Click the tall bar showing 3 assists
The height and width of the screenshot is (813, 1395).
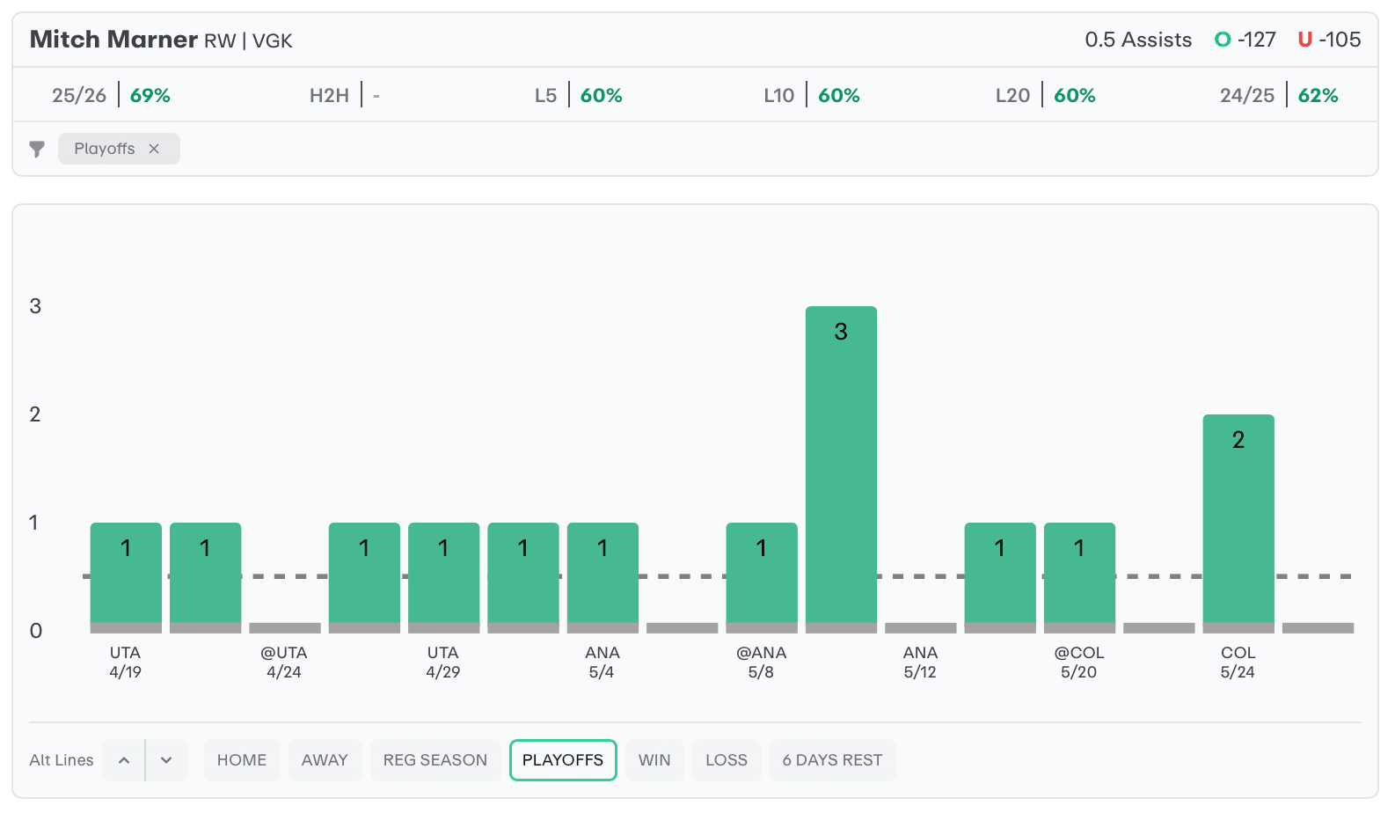[x=841, y=465]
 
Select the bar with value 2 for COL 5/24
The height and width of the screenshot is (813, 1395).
[x=1238, y=519]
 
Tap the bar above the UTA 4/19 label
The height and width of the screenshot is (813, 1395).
[x=126, y=573]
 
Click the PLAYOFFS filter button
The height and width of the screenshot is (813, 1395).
[x=563, y=760]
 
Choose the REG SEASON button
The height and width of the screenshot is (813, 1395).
[x=435, y=760]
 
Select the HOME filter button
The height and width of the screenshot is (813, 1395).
[x=242, y=760]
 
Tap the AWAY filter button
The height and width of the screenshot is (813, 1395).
[x=325, y=760]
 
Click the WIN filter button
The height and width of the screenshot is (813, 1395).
[x=654, y=760]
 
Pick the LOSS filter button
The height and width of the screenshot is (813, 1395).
[x=727, y=760]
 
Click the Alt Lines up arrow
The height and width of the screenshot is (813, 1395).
[x=124, y=760]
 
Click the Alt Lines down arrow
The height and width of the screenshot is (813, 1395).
[x=166, y=760]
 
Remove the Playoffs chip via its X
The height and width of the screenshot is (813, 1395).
[x=154, y=149]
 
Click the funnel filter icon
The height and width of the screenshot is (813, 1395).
[x=37, y=149]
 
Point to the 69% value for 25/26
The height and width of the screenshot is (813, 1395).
[x=150, y=95]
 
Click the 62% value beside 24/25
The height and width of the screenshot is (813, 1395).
[x=1318, y=95]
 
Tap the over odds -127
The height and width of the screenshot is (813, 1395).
[x=1257, y=40]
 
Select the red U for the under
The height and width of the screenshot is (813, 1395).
[x=1305, y=40]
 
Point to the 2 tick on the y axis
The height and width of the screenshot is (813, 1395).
[x=35, y=414]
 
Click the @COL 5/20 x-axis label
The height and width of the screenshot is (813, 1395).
[x=1079, y=663]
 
